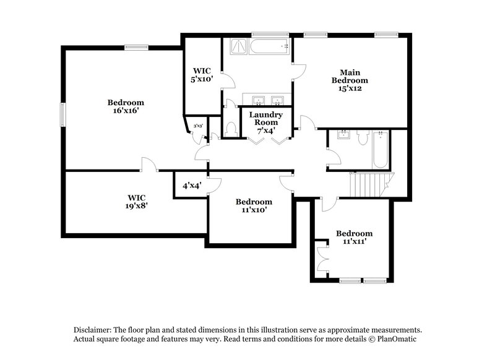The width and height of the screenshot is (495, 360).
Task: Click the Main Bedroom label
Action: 350,80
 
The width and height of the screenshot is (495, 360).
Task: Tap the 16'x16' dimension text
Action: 126,111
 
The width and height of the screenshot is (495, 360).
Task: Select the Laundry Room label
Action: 266,119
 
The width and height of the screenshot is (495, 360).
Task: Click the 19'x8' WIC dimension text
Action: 134,207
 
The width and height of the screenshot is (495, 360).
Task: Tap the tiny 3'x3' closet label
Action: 198,126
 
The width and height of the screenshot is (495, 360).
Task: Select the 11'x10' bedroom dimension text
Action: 254,210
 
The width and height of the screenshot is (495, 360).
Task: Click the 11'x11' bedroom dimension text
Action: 354,242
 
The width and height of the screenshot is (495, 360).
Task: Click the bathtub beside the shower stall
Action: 270,46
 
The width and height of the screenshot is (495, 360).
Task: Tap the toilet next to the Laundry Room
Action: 231,129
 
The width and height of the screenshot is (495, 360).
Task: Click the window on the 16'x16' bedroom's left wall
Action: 62,115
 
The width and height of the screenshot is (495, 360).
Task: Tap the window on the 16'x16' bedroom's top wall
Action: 136,46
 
